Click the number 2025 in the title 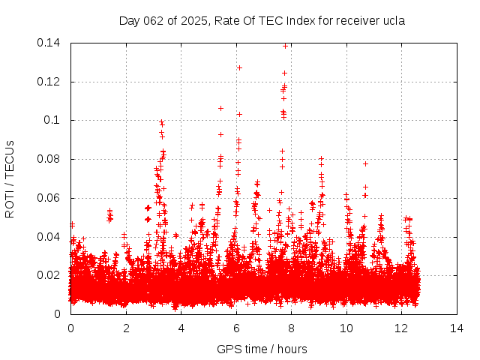coord(197,21)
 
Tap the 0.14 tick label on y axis coord(50,43)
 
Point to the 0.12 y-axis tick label coord(50,82)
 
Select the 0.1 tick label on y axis coord(53,121)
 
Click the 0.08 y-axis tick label coord(50,159)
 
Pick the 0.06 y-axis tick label coord(50,198)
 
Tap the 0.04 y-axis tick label coord(50,237)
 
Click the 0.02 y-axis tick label coord(50,276)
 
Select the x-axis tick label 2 coord(126,328)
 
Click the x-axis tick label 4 coord(181,328)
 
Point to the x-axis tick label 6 coord(236,328)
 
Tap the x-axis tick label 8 coord(291,328)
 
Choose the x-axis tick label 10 coord(346,328)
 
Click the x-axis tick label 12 coord(401,328)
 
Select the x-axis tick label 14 coord(456,328)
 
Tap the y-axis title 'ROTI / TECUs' coord(10,178)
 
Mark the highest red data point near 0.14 coord(285,46)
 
